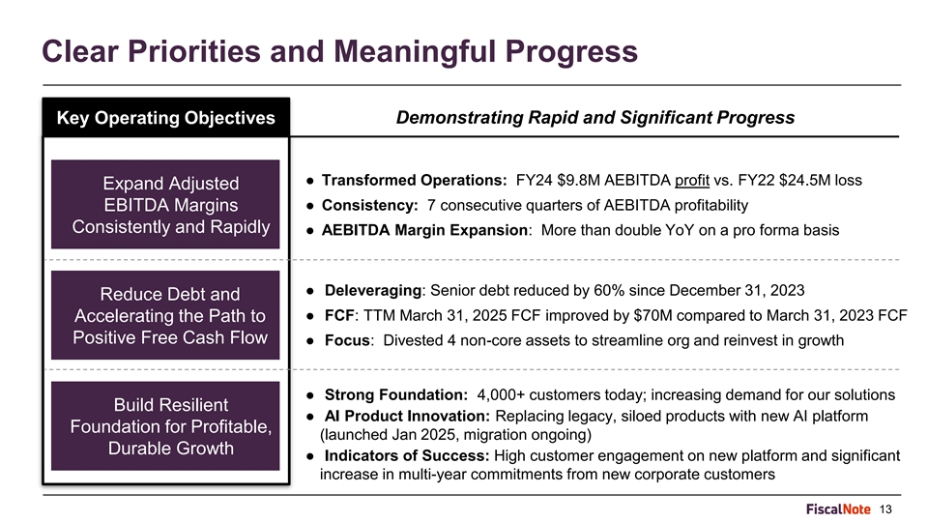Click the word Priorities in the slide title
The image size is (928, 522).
click(193, 51)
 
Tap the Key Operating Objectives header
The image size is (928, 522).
click(165, 117)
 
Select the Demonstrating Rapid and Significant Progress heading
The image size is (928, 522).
click(594, 117)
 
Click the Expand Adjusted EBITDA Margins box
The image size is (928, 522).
click(165, 204)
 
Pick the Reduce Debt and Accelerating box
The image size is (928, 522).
click(165, 315)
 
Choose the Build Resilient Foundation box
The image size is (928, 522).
click(165, 426)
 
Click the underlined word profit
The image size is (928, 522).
click(692, 181)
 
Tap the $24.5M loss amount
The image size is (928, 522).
click(821, 180)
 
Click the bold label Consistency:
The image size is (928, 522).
click(370, 205)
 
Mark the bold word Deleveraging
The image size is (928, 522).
click(373, 291)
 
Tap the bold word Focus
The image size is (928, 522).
click(347, 340)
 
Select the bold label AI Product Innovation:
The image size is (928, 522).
click(407, 416)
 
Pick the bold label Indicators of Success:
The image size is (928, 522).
click(407, 455)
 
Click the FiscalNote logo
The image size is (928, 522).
click(838, 509)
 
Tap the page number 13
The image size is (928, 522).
click(885, 509)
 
